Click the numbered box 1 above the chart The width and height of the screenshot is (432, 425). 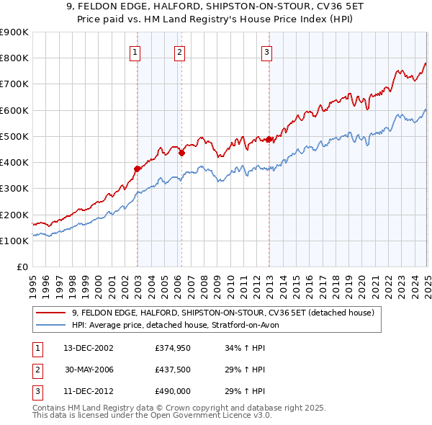point(135,51)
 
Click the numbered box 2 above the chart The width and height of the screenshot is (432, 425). point(179,51)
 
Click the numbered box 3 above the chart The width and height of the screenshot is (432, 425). point(266,51)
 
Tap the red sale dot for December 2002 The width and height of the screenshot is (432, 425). point(137,169)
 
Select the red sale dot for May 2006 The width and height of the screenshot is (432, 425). point(182,153)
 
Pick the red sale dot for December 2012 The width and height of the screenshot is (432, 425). point(269,139)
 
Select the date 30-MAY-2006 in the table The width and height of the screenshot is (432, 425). point(89,370)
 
